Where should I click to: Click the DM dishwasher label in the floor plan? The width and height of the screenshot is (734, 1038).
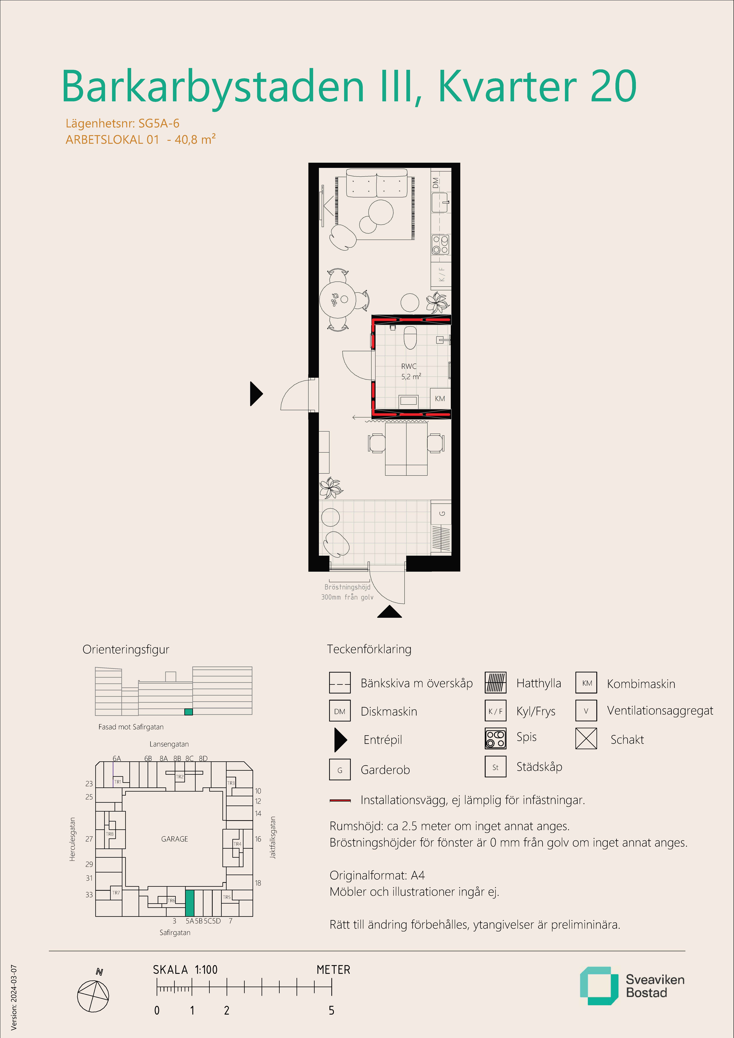point(436,183)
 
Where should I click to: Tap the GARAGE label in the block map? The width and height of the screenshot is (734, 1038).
point(175,839)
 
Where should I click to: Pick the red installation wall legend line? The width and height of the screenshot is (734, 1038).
point(340,800)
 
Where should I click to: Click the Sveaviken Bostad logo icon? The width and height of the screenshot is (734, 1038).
point(599,986)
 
